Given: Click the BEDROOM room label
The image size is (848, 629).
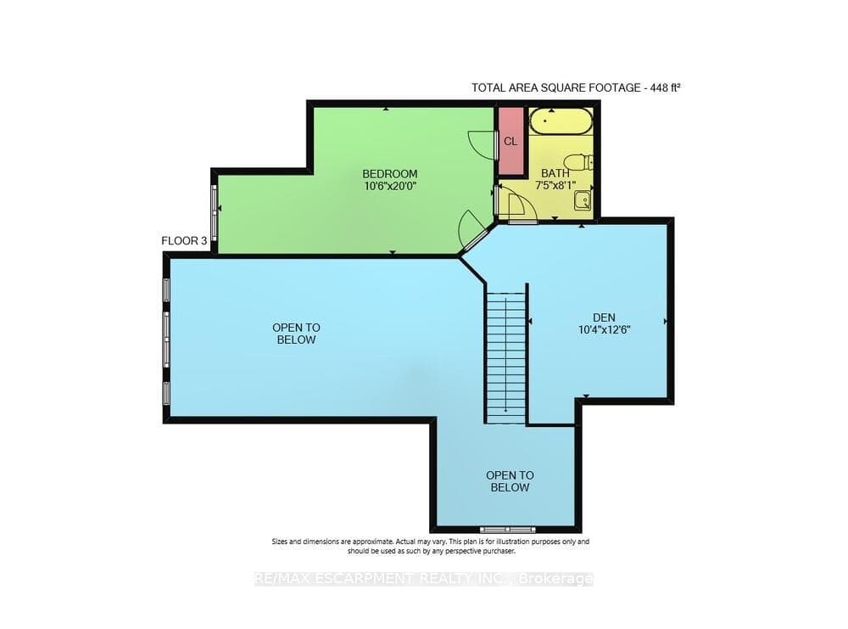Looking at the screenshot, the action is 389,174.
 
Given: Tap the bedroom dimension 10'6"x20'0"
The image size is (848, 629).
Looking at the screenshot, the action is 389,186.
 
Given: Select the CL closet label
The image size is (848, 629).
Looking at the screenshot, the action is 510,142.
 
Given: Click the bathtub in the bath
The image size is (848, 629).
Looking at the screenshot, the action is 561,121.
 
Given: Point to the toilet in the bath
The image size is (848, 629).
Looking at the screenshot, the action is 577,162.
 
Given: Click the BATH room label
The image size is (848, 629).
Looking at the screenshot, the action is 555,173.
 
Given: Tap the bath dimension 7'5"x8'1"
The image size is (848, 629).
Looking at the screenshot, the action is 555,185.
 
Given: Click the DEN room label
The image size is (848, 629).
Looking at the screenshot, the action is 604,317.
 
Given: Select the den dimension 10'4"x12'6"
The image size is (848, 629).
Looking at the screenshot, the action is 604,329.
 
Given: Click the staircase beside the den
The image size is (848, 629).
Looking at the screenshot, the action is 505,358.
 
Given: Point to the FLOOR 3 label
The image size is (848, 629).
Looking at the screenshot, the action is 184,241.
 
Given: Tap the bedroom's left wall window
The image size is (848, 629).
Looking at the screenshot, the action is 214,213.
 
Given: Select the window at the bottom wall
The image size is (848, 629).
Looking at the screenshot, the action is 507,529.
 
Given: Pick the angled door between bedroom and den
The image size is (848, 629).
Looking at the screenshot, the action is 474,238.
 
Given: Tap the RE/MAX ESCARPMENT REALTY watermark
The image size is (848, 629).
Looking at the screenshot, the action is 423,579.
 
